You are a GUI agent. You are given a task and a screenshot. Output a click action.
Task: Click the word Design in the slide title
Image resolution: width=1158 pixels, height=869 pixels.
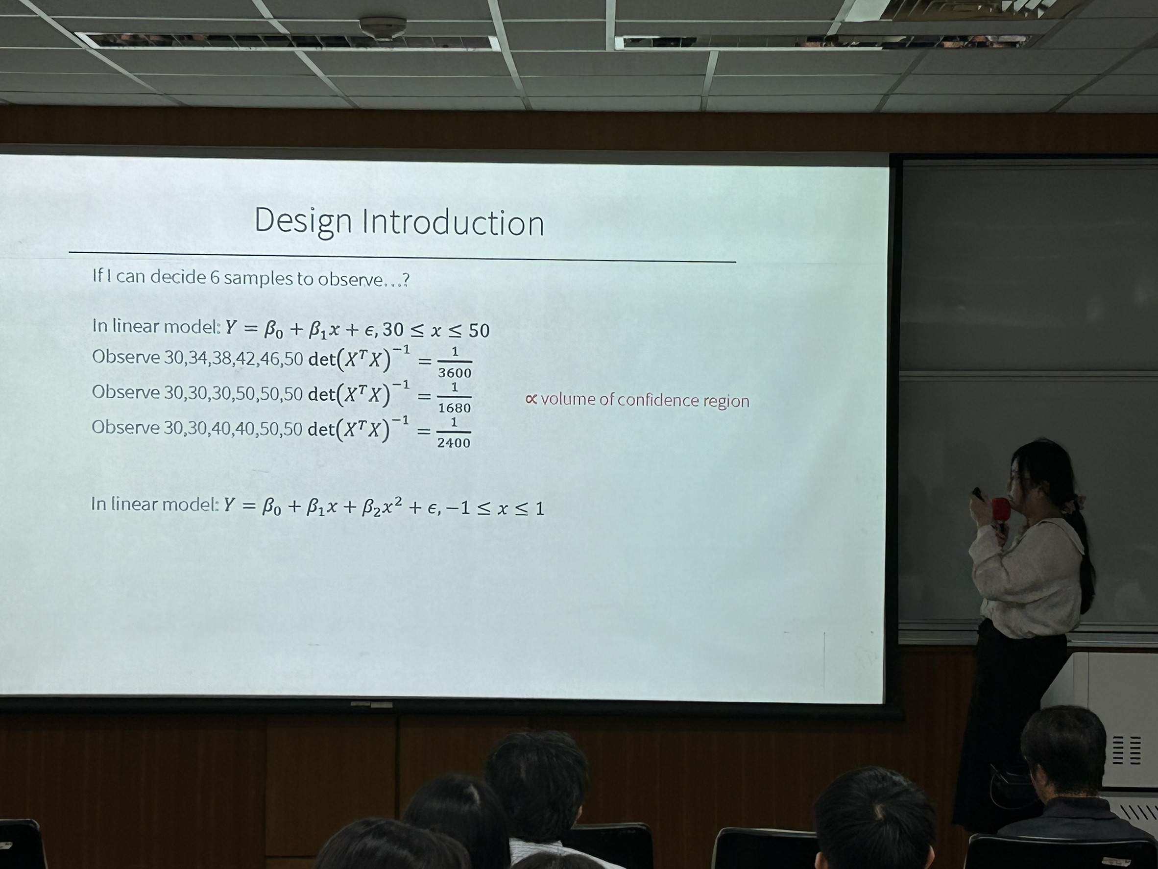303,222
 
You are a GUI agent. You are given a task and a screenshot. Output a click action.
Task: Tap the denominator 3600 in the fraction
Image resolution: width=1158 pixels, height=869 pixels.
455,373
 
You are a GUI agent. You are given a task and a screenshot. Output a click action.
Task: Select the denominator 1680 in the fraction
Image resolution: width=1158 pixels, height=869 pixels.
455,408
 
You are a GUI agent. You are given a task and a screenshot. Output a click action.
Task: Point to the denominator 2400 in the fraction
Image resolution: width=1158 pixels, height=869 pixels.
454,443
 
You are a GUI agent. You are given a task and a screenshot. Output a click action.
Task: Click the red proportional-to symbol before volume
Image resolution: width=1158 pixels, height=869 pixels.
531,400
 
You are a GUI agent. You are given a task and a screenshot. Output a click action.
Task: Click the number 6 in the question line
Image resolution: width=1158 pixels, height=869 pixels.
214,277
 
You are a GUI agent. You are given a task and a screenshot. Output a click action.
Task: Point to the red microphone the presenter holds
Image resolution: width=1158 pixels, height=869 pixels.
1000,508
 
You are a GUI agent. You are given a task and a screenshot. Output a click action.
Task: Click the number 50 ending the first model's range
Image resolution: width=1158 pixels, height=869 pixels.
479,331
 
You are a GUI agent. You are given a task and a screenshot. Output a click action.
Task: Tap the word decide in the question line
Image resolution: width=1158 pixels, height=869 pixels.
178,276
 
